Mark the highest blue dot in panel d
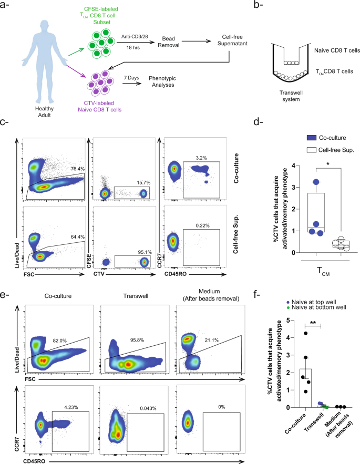pyautogui.click(x=316, y=182)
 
